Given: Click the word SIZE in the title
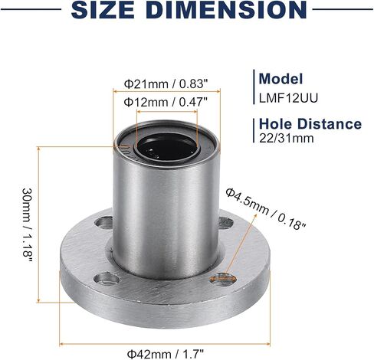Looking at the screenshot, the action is click(x=103, y=9).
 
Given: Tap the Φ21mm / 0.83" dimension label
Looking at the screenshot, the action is click(x=166, y=83).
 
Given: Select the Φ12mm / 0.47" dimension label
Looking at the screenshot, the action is click(x=166, y=102).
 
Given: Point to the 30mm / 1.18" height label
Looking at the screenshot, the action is click(x=27, y=225).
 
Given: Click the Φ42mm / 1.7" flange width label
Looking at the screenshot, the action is click(x=166, y=354).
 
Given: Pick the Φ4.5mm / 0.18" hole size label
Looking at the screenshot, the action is click(x=266, y=209).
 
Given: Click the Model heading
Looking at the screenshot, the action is click(x=280, y=78).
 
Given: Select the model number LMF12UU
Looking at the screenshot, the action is click(x=289, y=98).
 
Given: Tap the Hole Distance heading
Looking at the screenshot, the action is click(x=310, y=124).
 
